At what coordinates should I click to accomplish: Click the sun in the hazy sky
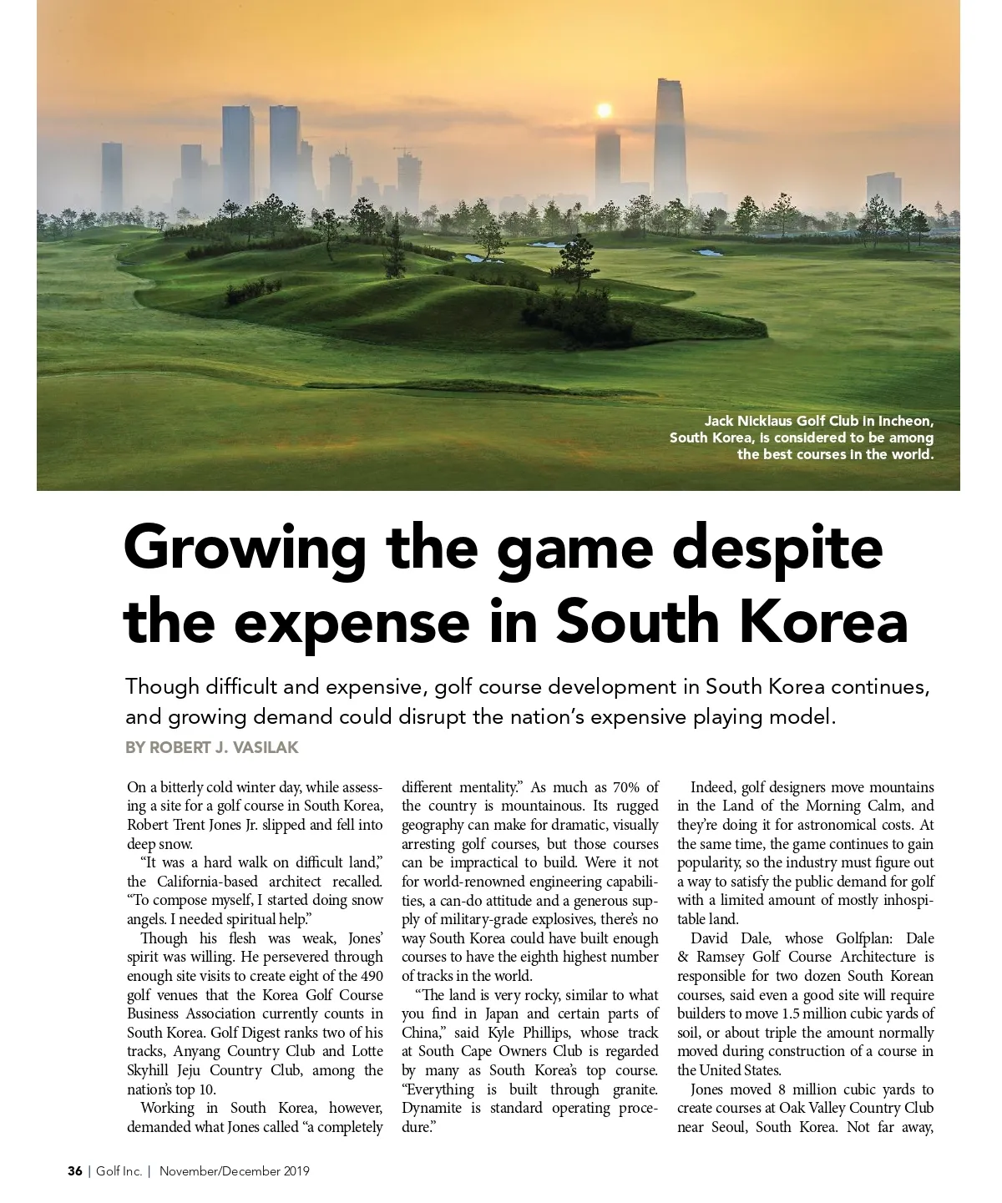coord(604,110)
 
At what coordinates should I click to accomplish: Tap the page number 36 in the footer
coord(75,1171)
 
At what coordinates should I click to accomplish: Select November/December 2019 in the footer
coord(235,1171)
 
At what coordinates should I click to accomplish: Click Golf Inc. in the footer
coord(119,1171)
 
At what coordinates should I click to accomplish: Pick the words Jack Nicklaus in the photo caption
coord(748,421)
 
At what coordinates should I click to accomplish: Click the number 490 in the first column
coord(372,976)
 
